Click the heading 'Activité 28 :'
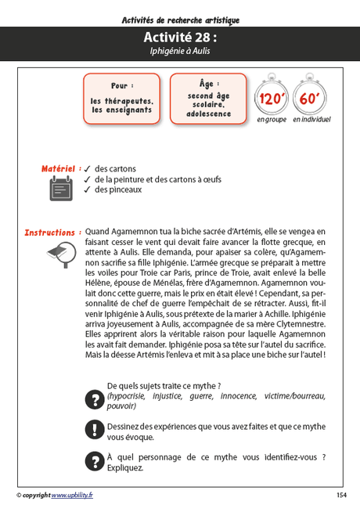pos(180,38)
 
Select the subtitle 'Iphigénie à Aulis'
pos(180,51)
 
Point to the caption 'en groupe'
pos(272,120)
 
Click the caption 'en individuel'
pos(311,120)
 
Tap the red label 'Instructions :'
pos(52,233)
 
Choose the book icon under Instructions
pos(61,253)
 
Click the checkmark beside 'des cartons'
pos(88,169)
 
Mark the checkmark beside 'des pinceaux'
pos(88,189)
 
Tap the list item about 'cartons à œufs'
pos(157,179)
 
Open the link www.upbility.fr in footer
pos(72,495)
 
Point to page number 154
pos(341,495)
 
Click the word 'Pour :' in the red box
pos(121,85)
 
